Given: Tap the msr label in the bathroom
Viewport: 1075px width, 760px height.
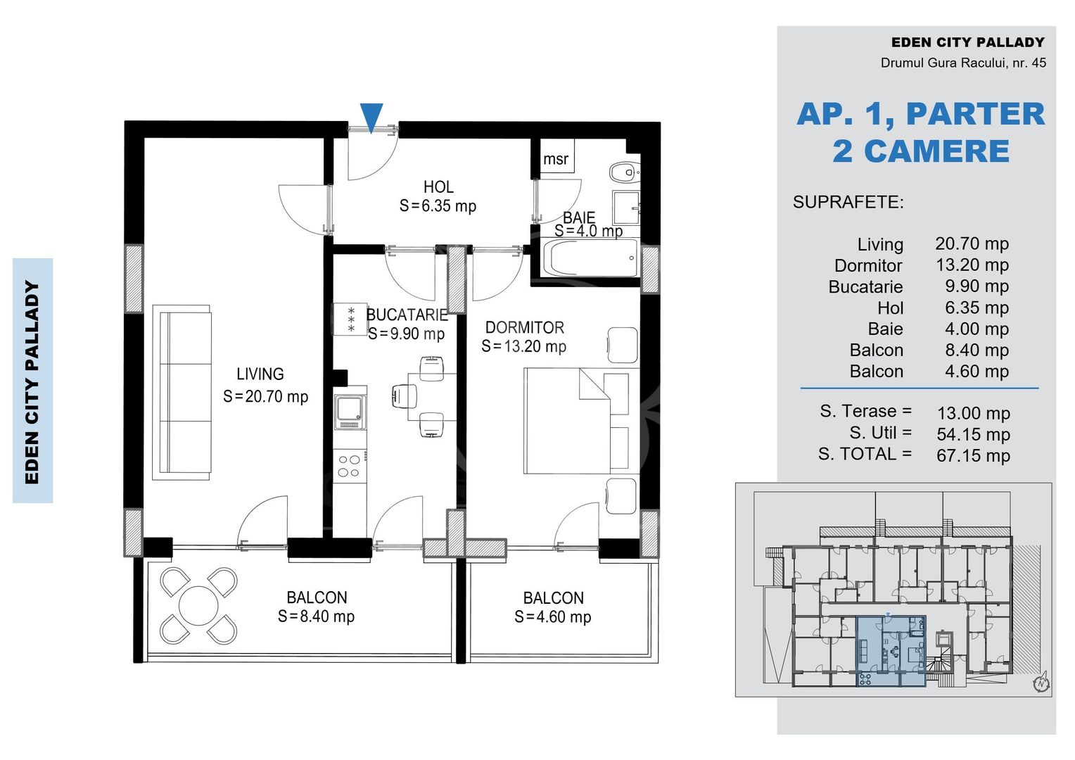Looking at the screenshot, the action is click(x=556, y=158).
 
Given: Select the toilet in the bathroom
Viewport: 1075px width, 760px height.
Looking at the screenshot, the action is click(x=624, y=172).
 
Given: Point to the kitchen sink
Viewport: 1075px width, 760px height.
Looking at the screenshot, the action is click(x=350, y=412).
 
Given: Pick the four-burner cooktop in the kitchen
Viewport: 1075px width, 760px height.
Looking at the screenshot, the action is click(x=350, y=466).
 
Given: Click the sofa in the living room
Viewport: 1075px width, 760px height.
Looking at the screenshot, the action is click(x=182, y=392).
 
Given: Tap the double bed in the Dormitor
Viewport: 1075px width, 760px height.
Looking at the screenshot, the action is click(x=581, y=421).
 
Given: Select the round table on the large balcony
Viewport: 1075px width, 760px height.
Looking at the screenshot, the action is click(x=198, y=606).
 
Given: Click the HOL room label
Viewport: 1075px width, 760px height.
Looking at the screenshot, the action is click(x=438, y=186).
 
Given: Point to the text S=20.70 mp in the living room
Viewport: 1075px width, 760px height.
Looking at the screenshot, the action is click(x=265, y=397).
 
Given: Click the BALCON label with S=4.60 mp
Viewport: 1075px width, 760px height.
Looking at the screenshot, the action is click(x=554, y=598).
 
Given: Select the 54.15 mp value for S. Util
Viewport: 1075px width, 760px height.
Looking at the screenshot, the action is click(x=973, y=434).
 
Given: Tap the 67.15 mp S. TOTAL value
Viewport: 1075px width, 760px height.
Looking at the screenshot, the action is click(x=973, y=455).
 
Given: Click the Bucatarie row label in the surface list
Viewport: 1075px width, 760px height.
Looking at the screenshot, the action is click(x=866, y=286).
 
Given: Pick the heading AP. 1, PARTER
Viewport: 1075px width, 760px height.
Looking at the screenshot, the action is click(x=920, y=114).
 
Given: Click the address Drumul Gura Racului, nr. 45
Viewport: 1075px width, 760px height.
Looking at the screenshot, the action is click(x=963, y=63).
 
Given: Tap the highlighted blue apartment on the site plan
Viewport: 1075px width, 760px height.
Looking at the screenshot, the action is click(x=891, y=651).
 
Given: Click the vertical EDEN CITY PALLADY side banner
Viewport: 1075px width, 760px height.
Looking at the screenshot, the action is click(x=32, y=381).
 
